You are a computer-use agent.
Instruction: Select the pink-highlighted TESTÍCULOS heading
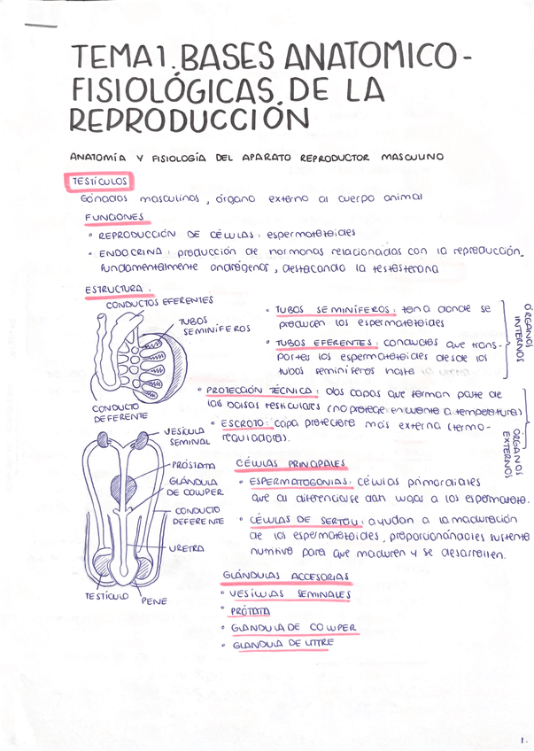(x=100, y=181)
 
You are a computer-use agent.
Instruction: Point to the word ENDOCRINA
(x=133, y=252)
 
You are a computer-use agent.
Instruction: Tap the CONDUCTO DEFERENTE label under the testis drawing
(x=117, y=412)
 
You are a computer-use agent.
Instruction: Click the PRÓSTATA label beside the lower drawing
(x=194, y=465)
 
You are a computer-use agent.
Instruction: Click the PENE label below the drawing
(x=153, y=601)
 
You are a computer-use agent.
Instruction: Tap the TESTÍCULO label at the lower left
(x=106, y=596)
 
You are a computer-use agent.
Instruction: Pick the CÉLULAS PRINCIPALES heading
(x=291, y=463)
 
